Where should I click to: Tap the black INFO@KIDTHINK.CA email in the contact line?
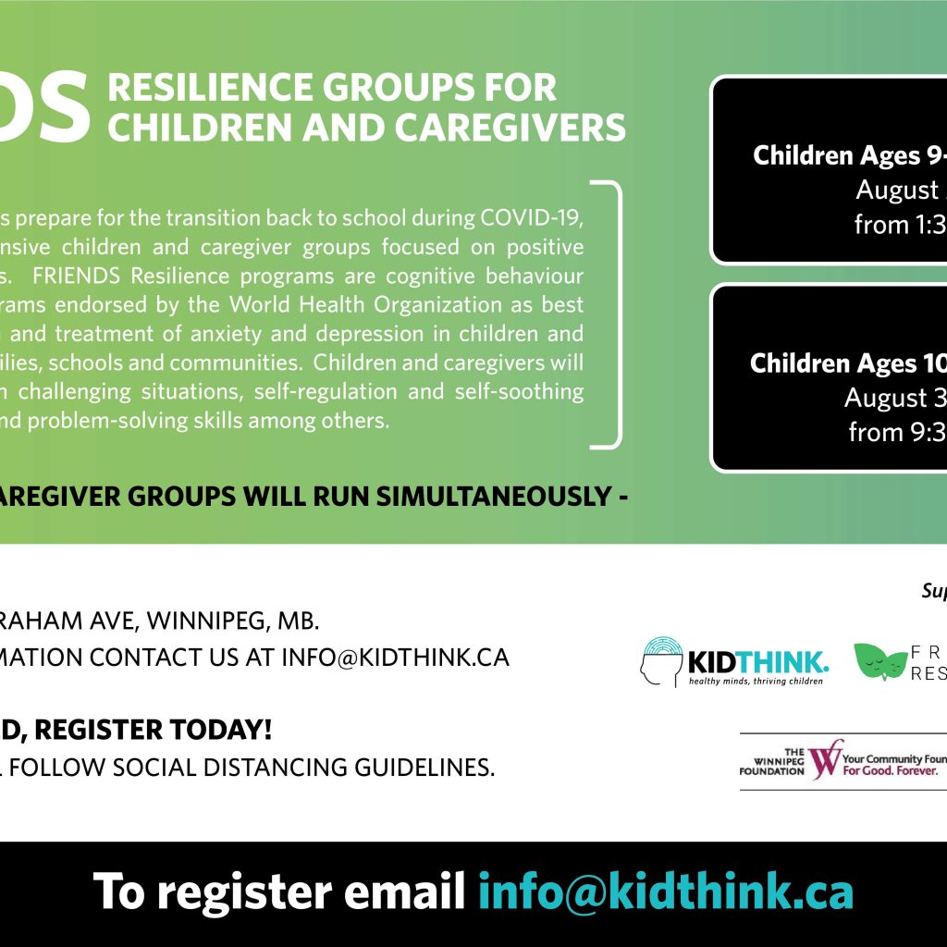(395, 658)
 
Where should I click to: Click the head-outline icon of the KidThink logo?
(660, 660)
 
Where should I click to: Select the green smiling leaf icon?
(879, 660)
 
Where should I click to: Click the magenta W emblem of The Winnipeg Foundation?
(825, 758)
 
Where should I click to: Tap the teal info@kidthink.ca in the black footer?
(665, 892)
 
